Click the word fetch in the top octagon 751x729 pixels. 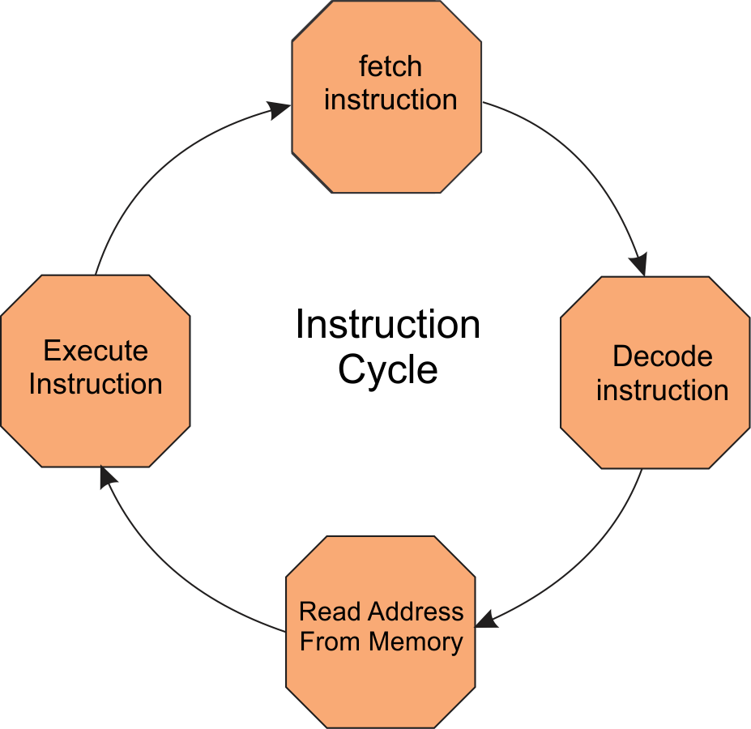click(x=390, y=66)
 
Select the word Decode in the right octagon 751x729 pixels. click(x=662, y=356)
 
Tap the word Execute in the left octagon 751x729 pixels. click(x=96, y=351)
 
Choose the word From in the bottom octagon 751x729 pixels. click(x=331, y=642)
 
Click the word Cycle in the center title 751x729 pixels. click(x=388, y=370)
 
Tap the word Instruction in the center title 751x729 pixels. click(x=388, y=325)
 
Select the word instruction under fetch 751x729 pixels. click(x=390, y=100)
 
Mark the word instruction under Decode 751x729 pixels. click(x=662, y=390)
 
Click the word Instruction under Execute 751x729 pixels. click(x=96, y=384)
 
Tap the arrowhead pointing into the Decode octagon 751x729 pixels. click(x=639, y=264)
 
